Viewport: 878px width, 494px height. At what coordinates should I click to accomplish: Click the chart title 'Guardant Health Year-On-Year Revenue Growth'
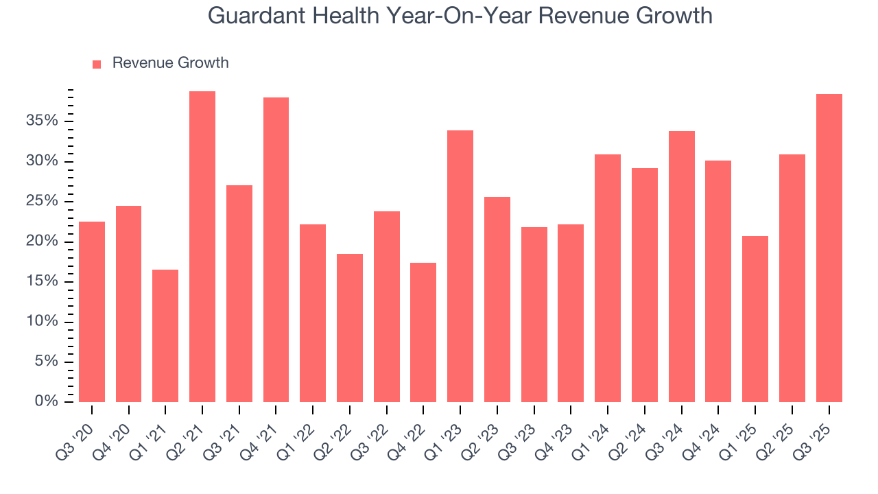(460, 16)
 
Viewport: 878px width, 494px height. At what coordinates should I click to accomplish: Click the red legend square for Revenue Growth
(97, 64)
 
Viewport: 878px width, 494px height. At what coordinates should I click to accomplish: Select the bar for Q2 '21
(202, 247)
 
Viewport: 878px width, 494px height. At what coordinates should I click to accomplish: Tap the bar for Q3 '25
(829, 248)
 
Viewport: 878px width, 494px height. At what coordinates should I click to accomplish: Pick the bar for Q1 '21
(165, 336)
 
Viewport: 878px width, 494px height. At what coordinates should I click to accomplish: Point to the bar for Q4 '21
(276, 250)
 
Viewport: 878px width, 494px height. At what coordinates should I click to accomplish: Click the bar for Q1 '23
(460, 266)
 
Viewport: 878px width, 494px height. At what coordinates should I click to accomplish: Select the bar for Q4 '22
(423, 332)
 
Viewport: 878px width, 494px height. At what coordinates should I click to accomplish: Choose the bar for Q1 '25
(755, 319)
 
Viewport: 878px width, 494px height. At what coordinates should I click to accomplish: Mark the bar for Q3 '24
(682, 266)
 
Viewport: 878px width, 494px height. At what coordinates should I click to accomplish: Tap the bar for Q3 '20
(92, 311)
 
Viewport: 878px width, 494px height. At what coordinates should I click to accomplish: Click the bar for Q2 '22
(350, 328)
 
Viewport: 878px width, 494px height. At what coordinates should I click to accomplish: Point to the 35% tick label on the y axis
(43, 121)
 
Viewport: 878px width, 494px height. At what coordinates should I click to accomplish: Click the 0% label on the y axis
(47, 401)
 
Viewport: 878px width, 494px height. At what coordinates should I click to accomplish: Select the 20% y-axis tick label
(43, 242)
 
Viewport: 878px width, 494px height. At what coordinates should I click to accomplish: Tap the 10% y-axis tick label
(43, 322)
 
